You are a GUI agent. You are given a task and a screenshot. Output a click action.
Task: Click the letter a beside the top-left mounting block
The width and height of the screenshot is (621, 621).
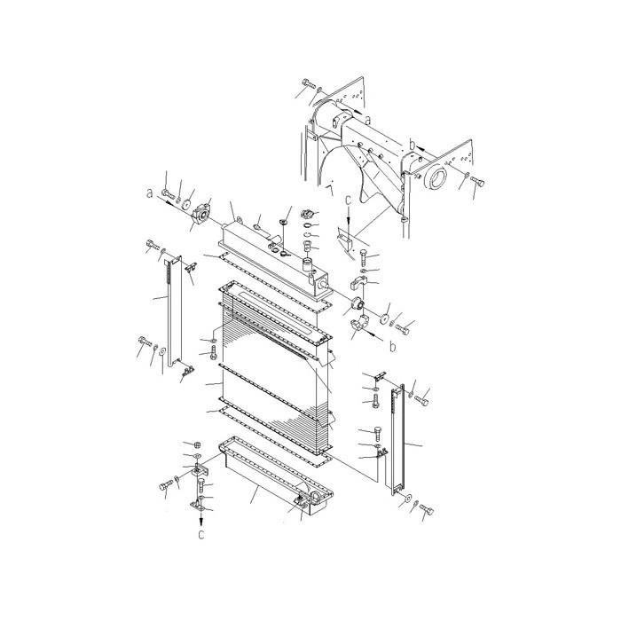pyautogui.click(x=150, y=191)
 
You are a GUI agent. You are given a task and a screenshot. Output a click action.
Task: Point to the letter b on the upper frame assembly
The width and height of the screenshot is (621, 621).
pyautogui.click(x=412, y=140)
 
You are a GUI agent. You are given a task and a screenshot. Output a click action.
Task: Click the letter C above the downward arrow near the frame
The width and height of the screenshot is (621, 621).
pyautogui.click(x=349, y=200)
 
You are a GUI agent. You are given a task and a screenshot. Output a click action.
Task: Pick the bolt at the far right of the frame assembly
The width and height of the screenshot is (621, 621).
pyautogui.click(x=476, y=182)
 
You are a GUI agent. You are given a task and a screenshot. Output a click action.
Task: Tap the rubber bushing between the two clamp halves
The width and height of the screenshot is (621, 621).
pyautogui.click(x=360, y=307)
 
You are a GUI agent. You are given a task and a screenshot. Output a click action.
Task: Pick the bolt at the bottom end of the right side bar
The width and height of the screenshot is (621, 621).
pyautogui.click(x=426, y=509)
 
